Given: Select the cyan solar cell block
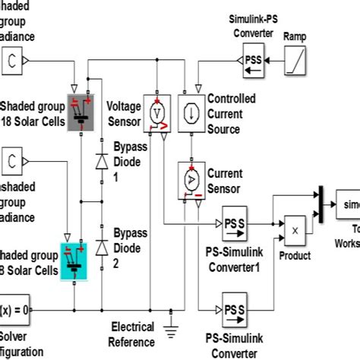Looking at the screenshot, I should pyautogui.click(x=79, y=248).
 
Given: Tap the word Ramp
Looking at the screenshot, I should pyautogui.click(x=295, y=36).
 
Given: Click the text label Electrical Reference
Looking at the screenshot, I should pyautogui.click(x=132, y=333).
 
